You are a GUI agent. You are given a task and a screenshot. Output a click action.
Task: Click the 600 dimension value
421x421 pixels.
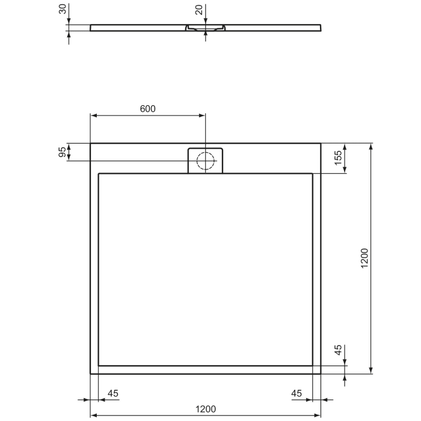pos(147,109)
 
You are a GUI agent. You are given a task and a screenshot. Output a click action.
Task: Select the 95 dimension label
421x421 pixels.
pos(62,152)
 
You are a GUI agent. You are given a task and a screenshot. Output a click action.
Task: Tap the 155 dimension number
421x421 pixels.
pos(339,158)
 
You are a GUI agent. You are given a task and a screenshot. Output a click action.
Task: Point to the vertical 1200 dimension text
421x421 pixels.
pos(364,258)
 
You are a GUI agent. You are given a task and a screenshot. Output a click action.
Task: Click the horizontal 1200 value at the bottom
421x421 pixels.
pos(205,409)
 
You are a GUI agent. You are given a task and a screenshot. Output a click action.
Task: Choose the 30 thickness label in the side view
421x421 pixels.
pos(62,12)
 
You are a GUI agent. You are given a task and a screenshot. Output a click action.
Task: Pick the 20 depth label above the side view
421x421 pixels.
pos(199,11)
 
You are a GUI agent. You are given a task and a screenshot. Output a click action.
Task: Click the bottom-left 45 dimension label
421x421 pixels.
pos(112,393)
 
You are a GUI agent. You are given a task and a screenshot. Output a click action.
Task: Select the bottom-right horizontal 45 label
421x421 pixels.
pos(297,393)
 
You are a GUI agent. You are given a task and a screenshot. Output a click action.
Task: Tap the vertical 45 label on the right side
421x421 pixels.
pos(339,351)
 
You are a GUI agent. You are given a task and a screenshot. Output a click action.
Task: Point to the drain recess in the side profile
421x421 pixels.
pos(206,28)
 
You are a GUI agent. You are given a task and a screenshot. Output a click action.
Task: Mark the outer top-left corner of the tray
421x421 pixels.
pos(90,143)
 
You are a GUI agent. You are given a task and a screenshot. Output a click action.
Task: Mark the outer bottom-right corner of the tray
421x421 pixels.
pos(321,373)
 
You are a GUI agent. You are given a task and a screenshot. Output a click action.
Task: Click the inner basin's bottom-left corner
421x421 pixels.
pos(98,365)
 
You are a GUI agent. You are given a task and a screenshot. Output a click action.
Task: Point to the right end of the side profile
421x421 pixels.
pos(320,27)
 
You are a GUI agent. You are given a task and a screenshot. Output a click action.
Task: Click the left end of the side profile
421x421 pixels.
pos(91,27)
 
